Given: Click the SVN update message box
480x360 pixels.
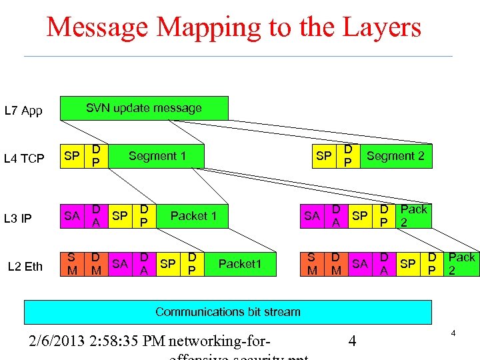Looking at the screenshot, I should (x=144, y=108).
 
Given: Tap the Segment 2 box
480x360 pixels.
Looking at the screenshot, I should (x=395, y=156).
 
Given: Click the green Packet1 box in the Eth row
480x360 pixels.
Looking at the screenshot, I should (x=241, y=264).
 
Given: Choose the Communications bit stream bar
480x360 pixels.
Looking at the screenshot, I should (x=228, y=311).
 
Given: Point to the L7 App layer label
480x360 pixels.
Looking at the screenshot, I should (x=23, y=111).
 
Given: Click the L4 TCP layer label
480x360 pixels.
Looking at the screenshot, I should (x=24, y=159).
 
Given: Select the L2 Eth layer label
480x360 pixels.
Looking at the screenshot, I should (x=25, y=267).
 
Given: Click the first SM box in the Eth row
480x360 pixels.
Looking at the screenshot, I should (x=72, y=264).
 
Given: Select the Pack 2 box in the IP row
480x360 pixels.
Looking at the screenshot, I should (x=413, y=215).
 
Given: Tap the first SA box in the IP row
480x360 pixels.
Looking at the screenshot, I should (x=72, y=215).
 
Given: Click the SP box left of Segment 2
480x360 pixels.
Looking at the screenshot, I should (x=323, y=156).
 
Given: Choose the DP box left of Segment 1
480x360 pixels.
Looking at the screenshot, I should (x=97, y=156).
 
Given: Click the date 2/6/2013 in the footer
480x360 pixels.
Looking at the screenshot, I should (x=60, y=342).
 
